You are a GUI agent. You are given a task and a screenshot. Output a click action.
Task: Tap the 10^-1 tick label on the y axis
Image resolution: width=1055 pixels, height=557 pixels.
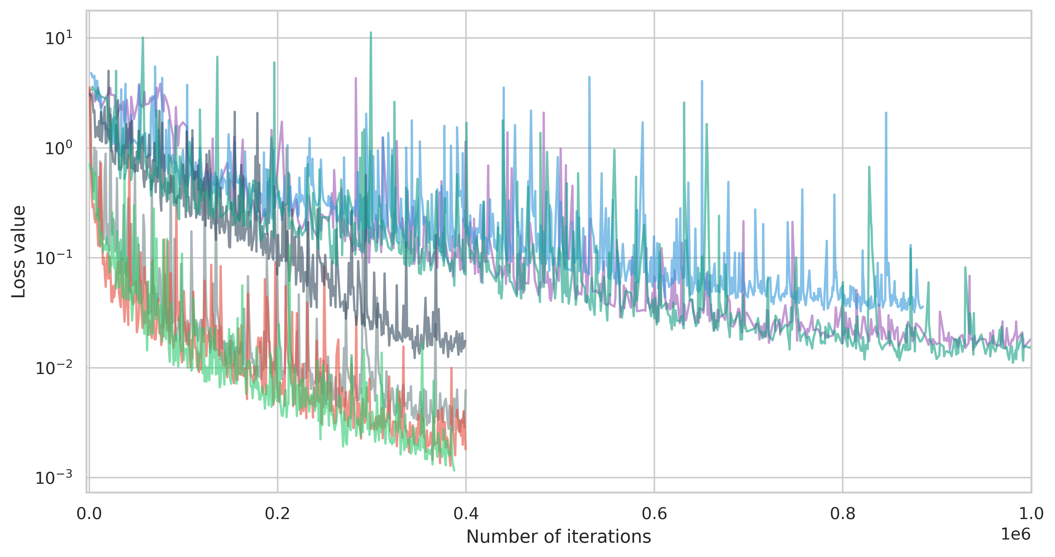click(x=54, y=258)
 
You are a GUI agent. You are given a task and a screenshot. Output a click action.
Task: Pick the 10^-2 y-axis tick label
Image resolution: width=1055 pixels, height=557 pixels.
click(x=54, y=368)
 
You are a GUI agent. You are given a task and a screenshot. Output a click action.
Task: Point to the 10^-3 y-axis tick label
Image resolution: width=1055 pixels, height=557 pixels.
click(x=54, y=478)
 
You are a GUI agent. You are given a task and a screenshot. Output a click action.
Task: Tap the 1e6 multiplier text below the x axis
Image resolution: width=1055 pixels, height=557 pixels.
click(x=1015, y=534)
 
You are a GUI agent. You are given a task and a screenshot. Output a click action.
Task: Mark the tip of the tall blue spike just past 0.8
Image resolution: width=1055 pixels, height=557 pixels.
click(x=886, y=112)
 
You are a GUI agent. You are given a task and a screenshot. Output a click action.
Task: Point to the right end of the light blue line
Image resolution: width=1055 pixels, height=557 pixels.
click(x=923, y=306)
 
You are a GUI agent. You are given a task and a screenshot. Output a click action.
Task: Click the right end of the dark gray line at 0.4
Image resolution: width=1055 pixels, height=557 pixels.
click(x=465, y=341)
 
